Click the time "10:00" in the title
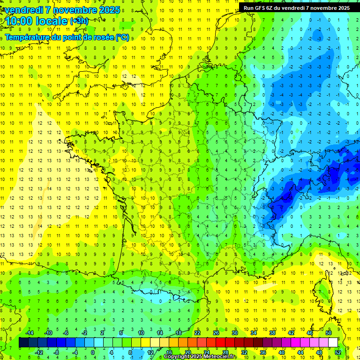pos(19,21)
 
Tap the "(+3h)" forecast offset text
pos(79,21)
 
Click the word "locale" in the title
pos(52,21)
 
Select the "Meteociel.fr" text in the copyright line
pos(220,357)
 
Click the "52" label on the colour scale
pos(337,352)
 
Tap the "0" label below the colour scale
pos(93,352)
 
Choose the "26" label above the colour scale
pos(216,333)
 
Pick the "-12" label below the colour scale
pos(39,352)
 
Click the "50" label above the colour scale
pos(328,333)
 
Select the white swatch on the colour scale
pos(332,343)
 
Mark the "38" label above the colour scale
pos(272,333)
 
